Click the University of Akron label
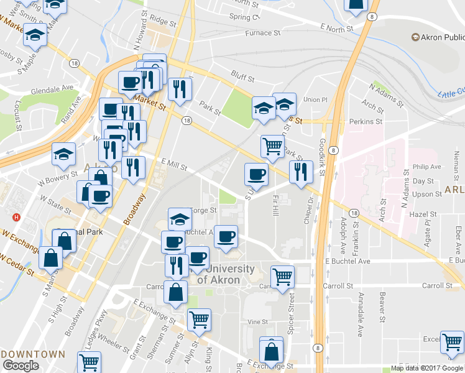click(x=229, y=274)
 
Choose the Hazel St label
click(x=424, y=213)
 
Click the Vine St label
click(x=257, y=322)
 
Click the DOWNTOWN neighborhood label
click(x=32, y=354)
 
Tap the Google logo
click(x=20, y=366)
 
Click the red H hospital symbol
click(x=17, y=218)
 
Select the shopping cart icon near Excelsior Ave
click(x=452, y=342)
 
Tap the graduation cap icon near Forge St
click(x=180, y=219)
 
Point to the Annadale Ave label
click(x=360, y=320)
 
